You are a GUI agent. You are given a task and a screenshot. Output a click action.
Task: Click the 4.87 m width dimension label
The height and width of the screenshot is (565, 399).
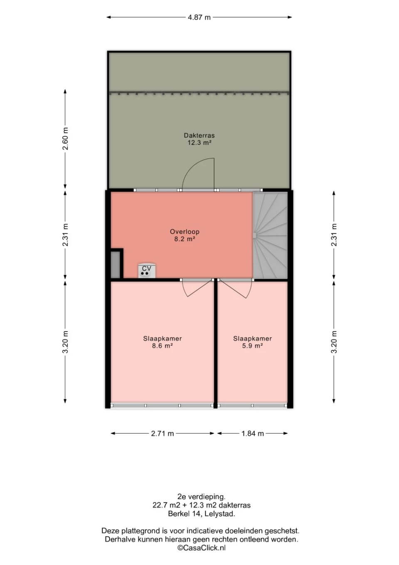[x=199, y=17]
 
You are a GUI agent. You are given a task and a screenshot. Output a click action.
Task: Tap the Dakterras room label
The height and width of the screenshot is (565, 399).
[x=199, y=135]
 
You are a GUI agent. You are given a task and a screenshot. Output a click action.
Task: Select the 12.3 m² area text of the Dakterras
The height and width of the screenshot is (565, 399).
[x=199, y=143]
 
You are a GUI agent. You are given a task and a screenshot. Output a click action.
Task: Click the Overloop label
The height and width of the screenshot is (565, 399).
[x=185, y=232]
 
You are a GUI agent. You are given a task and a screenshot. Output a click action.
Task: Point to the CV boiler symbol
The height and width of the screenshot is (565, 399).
[x=147, y=271]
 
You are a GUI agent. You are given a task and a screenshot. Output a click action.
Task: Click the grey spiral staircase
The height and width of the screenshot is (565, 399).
[x=270, y=235]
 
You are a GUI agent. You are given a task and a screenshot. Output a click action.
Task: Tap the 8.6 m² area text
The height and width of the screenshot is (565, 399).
[x=162, y=346]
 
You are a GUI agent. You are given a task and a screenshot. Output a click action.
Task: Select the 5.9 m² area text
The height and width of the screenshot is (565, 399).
[x=252, y=346]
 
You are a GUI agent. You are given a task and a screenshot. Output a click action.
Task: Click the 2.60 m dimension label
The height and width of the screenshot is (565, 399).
[x=65, y=139]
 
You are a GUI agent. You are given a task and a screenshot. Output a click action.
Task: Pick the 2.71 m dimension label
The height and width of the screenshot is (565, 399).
[x=163, y=434]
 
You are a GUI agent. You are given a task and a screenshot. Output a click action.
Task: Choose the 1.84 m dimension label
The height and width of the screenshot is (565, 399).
[x=252, y=434]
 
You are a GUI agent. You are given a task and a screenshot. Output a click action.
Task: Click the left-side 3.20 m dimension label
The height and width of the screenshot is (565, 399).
[x=65, y=342]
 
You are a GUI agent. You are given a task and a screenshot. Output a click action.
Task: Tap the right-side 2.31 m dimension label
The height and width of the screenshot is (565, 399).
[x=334, y=235]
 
